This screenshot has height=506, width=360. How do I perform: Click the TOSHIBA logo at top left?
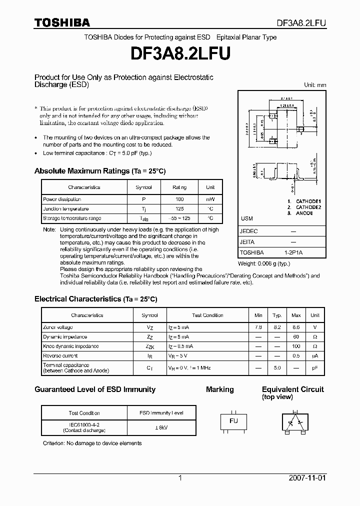tap(62, 22)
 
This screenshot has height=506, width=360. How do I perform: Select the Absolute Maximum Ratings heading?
tap(100, 171)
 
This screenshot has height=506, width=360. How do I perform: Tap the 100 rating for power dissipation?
tap(179, 199)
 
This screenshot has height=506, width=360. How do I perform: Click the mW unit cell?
tap(210, 199)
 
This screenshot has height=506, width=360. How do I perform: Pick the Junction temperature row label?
tap(66, 208)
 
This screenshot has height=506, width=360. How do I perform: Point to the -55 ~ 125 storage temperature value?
tap(179, 218)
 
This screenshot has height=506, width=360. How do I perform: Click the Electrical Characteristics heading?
tap(95, 299)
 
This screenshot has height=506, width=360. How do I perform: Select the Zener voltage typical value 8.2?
tap(277, 327)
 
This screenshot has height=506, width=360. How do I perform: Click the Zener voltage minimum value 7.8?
tap(258, 327)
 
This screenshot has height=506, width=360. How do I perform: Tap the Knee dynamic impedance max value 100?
tap(296, 346)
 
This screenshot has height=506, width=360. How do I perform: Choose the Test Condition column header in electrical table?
tap(207, 315)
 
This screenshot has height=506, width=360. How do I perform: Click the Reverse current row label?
tap(60, 355)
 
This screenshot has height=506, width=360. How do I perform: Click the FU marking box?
tap(233, 421)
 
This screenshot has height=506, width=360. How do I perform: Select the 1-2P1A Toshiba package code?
tap(293, 252)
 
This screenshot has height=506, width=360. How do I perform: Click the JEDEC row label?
tap(248, 231)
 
